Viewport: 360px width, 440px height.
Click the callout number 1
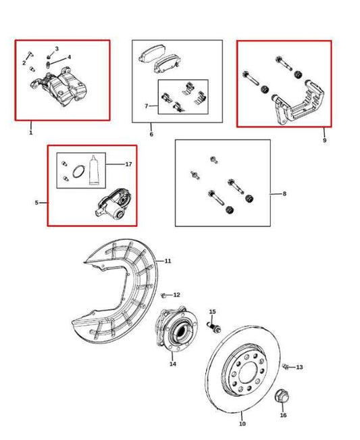(30, 132)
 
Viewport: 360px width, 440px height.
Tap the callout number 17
(128, 164)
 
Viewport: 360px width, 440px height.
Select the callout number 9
(324, 140)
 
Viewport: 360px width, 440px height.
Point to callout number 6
(151, 135)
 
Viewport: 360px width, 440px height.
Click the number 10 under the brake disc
(242, 424)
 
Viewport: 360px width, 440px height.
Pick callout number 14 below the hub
(172, 364)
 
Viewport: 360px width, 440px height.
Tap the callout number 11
(168, 260)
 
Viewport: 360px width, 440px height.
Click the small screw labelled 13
(286, 367)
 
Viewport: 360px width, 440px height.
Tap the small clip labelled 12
(165, 295)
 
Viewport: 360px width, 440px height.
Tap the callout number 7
(145, 106)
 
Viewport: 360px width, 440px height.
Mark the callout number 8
(284, 194)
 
